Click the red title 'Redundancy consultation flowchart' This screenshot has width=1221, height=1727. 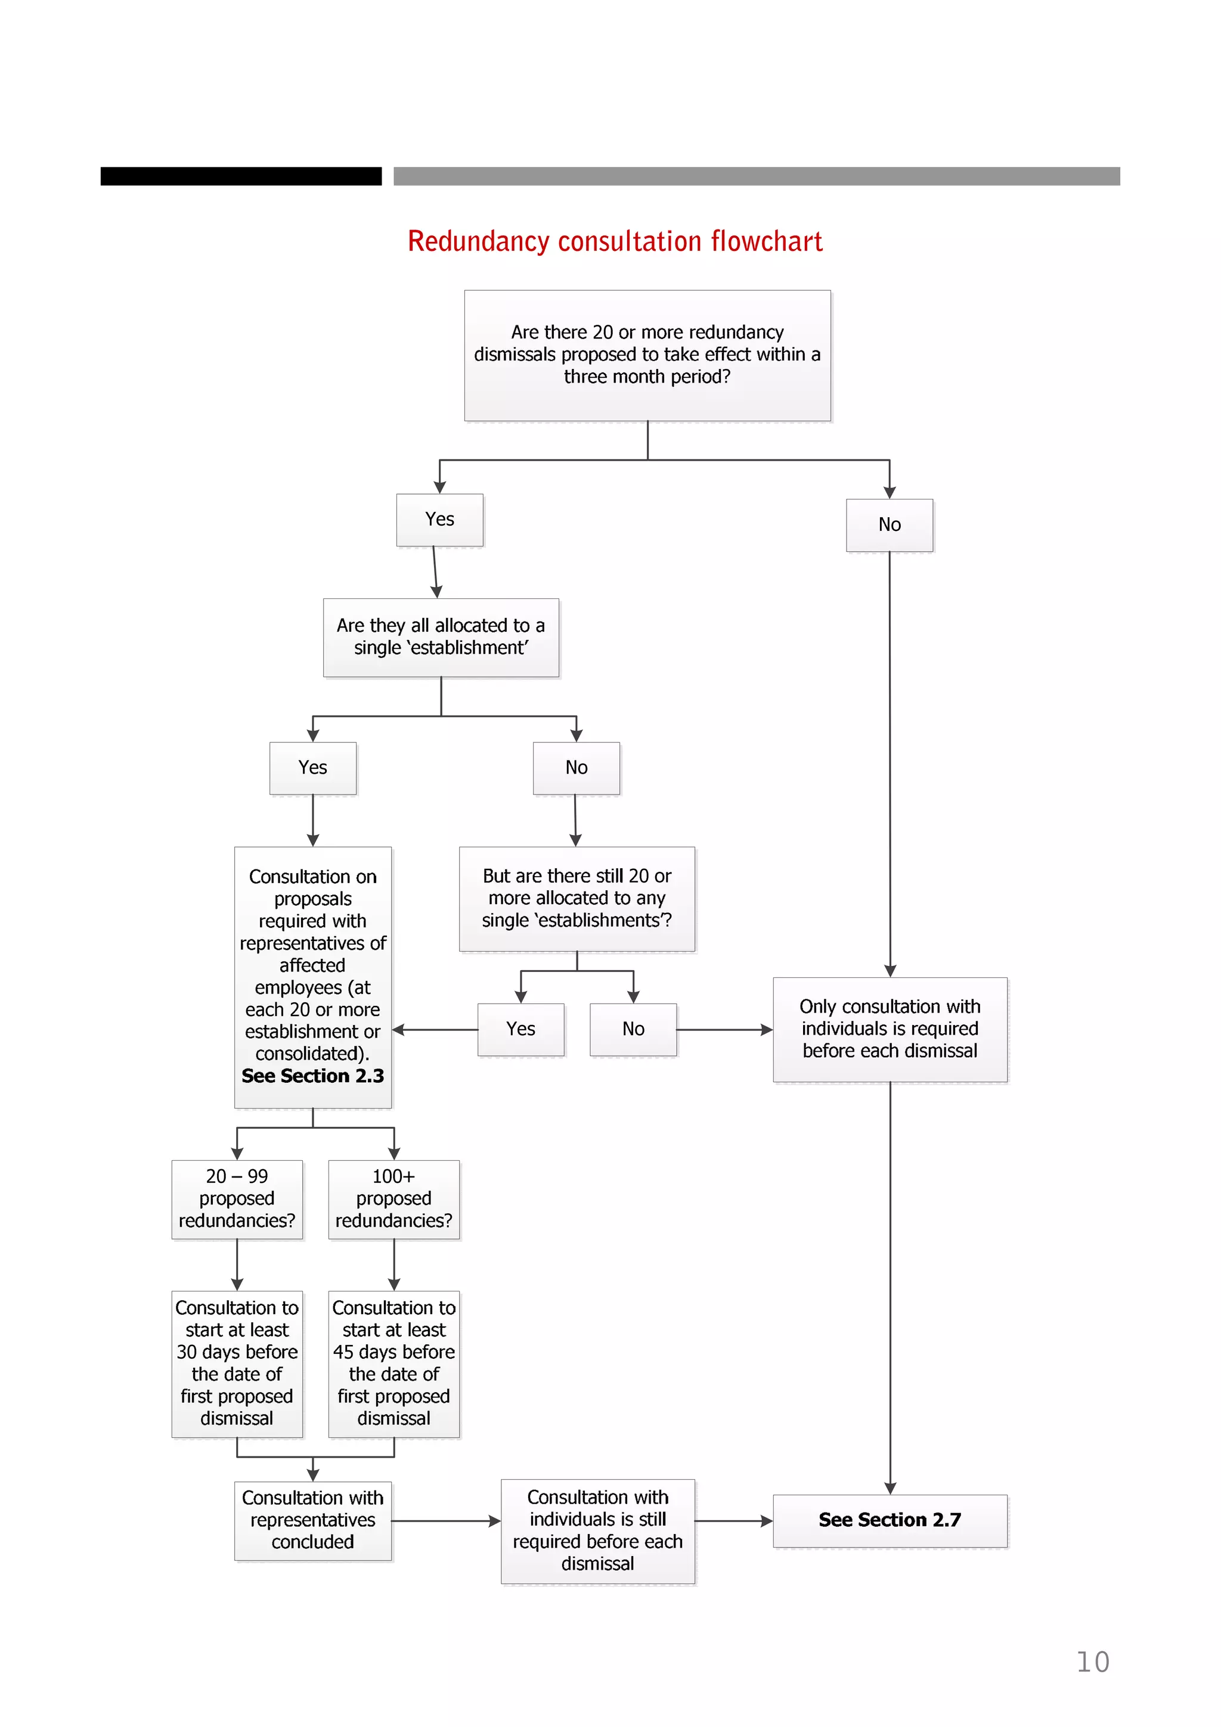click(615, 241)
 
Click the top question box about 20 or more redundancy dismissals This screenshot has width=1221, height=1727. click(647, 355)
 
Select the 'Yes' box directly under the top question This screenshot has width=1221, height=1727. click(439, 520)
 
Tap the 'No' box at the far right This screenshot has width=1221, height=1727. click(890, 525)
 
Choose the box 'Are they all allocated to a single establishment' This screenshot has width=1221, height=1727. click(441, 637)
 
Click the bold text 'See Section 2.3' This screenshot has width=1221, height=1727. click(313, 1076)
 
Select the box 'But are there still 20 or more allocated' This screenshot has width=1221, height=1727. click(577, 898)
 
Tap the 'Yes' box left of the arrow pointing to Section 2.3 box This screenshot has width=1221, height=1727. click(520, 1029)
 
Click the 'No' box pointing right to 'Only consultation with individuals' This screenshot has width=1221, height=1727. click(633, 1029)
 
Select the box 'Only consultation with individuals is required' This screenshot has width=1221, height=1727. click(890, 1029)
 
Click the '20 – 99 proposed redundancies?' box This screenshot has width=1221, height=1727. click(237, 1199)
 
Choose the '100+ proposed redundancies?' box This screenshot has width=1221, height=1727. click(393, 1199)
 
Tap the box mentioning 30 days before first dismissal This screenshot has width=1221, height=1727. click(237, 1363)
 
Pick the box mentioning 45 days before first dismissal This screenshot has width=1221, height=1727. click(393, 1363)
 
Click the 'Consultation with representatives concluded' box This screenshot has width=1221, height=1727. click(313, 1520)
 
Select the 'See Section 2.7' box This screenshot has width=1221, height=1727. click(890, 1520)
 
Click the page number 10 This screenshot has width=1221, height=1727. click(1092, 1661)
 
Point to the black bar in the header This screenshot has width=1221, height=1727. click(241, 176)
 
